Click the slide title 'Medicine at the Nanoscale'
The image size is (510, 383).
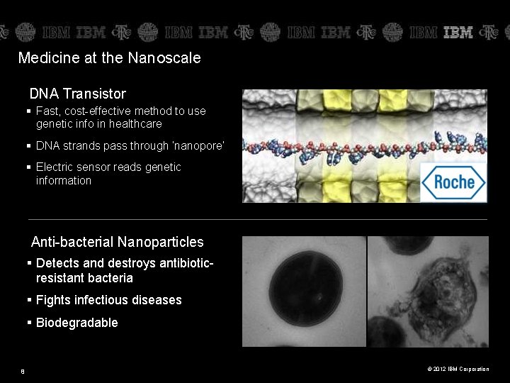tap(109, 58)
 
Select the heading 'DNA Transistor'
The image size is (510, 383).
tap(78, 94)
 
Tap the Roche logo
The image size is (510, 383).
tap(453, 182)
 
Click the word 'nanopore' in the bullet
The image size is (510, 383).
tap(200, 146)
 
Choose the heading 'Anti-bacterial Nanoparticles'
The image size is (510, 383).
tap(117, 243)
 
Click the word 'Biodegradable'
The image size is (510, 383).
tap(76, 323)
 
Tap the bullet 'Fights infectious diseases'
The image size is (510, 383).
tap(108, 300)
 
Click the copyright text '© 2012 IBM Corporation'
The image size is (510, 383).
tap(458, 369)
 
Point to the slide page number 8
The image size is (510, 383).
tap(23, 370)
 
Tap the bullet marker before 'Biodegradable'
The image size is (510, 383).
tap(30, 323)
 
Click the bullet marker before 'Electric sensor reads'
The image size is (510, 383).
tap(30, 167)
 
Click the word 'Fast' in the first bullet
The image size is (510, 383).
tap(47, 111)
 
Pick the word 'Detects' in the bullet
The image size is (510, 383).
tap(57, 263)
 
